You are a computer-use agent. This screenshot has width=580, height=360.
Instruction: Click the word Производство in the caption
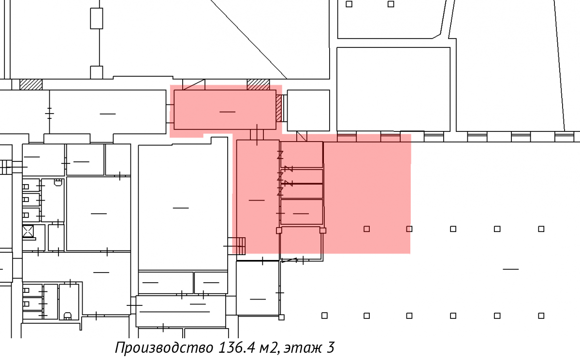(x=164, y=347)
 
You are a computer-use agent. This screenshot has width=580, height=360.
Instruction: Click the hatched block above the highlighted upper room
(x=258, y=85)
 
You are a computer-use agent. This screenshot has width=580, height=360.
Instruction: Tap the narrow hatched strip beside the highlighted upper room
(x=278, y=108)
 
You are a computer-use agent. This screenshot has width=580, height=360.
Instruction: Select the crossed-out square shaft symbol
(x=28, y=231)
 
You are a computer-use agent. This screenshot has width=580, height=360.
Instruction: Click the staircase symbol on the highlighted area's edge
(x=241, y=246)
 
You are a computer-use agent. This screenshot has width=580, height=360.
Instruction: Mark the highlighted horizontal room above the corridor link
(x=225, y=110)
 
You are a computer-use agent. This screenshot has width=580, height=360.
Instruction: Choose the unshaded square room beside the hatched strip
(x=308, y=111)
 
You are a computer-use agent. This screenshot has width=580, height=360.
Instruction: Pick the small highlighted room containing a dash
(x=302, y=212)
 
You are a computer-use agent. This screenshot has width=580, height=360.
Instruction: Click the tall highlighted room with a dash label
(x=258, y=197)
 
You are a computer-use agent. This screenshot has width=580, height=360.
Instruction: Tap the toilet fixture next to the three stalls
(x=58, y=183)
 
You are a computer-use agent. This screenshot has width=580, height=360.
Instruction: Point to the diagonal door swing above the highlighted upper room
(x=194, y=85)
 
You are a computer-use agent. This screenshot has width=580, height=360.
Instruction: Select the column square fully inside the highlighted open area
(x=367, y=229)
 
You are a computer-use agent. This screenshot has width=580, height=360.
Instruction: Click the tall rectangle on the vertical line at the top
(x=96, y=18)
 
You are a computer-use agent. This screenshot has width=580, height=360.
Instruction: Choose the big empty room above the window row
(x=393, y=89)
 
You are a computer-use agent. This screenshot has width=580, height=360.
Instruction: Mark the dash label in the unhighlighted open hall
(x=510, y=269)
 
